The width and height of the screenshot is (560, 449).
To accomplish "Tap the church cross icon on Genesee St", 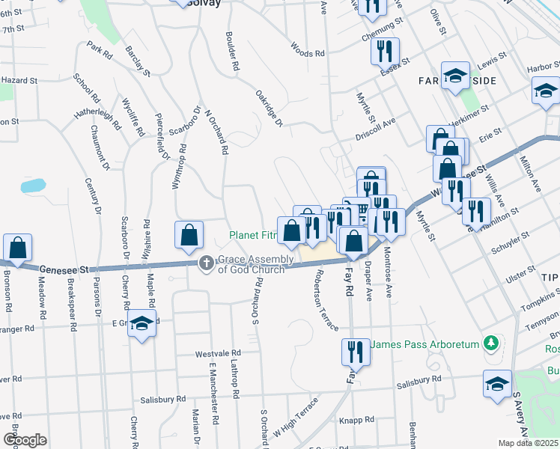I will click(206, 263).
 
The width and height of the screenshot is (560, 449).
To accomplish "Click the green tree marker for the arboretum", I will click(490, 343).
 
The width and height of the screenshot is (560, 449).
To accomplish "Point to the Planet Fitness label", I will click(253, 236).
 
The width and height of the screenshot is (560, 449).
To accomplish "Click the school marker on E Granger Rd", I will click(140, 325).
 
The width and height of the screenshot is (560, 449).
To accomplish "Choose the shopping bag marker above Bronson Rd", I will click(16, 246).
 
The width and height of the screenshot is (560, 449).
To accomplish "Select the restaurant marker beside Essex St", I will click(386, 51).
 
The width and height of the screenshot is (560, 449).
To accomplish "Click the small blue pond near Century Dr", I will click(33, 185).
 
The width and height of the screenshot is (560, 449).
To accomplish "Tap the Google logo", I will click(25, 440).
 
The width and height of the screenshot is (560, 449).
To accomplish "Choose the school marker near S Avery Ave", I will click(497, 382).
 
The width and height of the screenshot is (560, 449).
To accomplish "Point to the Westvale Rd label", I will click(217, 352).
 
